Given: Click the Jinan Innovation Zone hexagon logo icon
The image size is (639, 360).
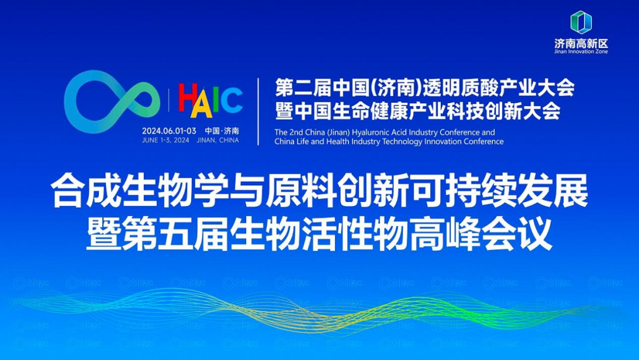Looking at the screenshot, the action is coord(581,22).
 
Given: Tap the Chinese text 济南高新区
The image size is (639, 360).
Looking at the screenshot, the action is coord(581,43).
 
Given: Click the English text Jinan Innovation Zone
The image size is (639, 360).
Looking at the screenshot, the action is coord(581,52).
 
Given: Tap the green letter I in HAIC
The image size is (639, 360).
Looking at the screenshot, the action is coord(216,99).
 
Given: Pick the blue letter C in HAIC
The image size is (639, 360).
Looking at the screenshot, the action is coord(232,99).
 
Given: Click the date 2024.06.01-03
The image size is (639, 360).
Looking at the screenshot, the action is coord(169,131).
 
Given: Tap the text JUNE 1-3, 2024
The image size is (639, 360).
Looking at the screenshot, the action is coord(166,140).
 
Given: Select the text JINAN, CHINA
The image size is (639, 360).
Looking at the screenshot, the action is coord(218,140).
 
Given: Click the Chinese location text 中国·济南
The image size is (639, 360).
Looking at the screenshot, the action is coord(222,131).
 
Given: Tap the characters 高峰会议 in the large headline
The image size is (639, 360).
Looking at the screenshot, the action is coord(481,234).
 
